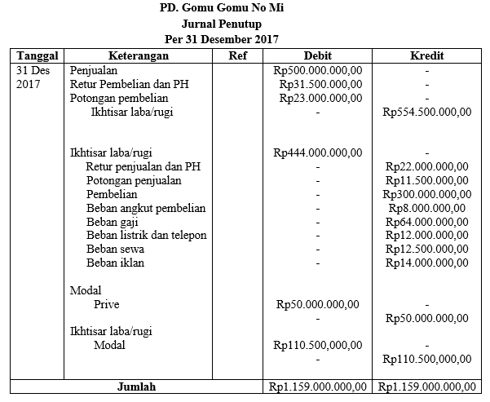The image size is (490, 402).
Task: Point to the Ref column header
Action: [x=238, y=55]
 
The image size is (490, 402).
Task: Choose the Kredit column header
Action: [x=427, y=55]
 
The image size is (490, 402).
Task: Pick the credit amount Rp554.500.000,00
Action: [x=427, y=112]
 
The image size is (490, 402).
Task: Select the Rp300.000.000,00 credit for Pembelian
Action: [x=427, y=194]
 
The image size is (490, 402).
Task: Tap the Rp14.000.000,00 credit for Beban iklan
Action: [x=427, y=263]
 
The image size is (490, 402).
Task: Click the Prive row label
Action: [x=107, y=304]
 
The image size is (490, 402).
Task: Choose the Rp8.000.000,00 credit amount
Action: [x=427, y=208]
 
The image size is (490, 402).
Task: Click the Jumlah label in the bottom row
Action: [x=136, y=386]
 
